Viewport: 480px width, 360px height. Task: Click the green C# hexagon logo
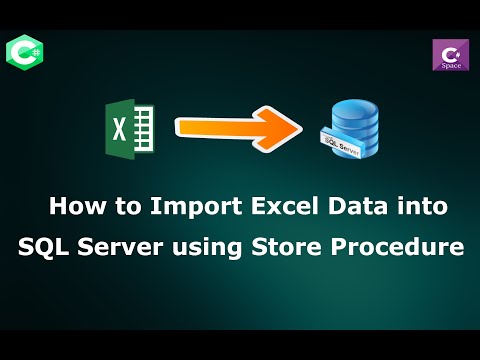22,51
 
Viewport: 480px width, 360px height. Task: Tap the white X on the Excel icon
118,129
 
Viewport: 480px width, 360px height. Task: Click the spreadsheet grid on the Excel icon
142,128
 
